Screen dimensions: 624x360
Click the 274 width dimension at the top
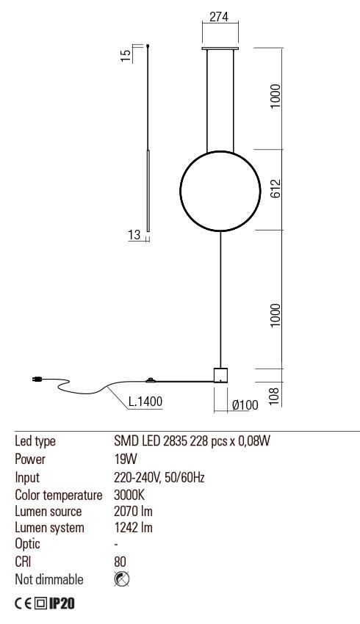pos(218,19)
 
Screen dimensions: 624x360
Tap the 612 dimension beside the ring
pos(275,189)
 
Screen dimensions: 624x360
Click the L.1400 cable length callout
pos(145,402)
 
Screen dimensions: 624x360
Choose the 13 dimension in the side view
pos(134,235)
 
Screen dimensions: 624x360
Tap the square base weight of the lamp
pos(220,375)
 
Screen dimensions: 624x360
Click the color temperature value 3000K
pos(129,494)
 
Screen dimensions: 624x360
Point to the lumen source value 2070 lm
pos(133,511)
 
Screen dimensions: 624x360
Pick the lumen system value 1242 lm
pos(133,528)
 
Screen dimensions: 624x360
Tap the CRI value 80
pos(121,562)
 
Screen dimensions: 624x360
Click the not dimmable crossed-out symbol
pos(122,579)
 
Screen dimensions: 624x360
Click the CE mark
pos(25,603)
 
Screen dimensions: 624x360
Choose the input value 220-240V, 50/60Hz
pos(159,477)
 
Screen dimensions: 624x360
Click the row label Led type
pos(35,442)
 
